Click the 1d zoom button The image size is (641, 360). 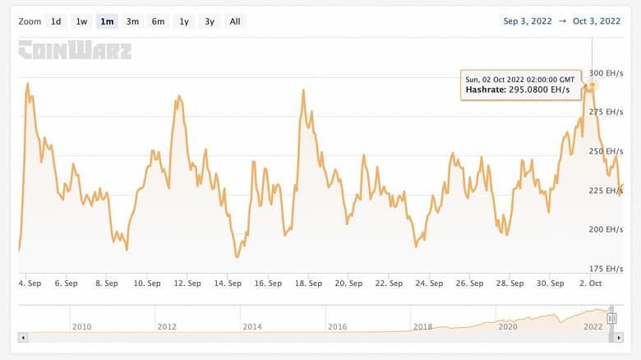tap(56, 21)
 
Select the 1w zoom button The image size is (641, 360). tap(81, 21)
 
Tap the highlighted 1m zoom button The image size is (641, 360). tap(107, 21)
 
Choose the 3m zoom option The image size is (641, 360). tap(132, 21)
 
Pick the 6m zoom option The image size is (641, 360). tap(158, 21)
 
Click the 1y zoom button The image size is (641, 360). tap(183, 21)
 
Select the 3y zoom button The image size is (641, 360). tap(210, 21)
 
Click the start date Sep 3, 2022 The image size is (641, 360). tap(528, 21)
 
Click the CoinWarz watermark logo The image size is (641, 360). tap(75, 51)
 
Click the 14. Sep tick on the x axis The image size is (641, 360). tap(228, 284)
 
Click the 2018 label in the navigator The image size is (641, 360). tap(422, 326)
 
